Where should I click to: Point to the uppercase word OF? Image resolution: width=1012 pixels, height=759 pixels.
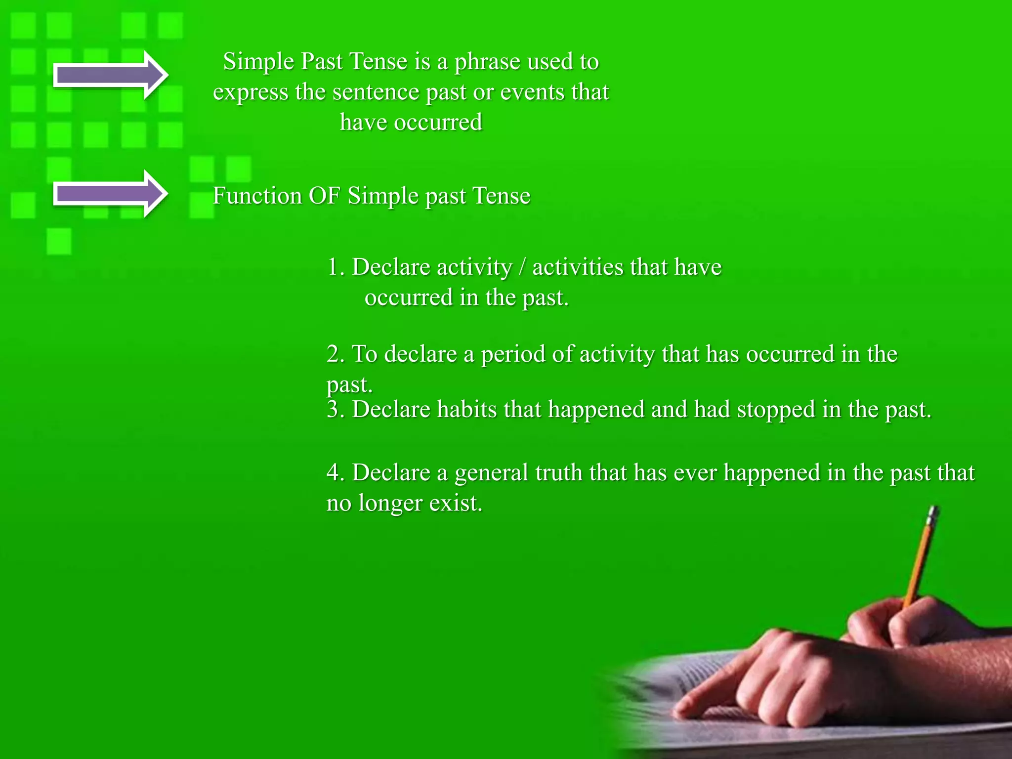click(x=324, y=196)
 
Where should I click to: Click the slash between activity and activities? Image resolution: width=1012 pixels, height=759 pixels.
click(x=522, y=268)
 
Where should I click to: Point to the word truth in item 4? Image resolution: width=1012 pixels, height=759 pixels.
click(x=559, y=473)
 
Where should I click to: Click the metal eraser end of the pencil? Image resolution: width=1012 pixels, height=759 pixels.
click(x=933, y=514)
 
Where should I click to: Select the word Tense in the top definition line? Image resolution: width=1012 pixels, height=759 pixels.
click(x=379, y=62)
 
